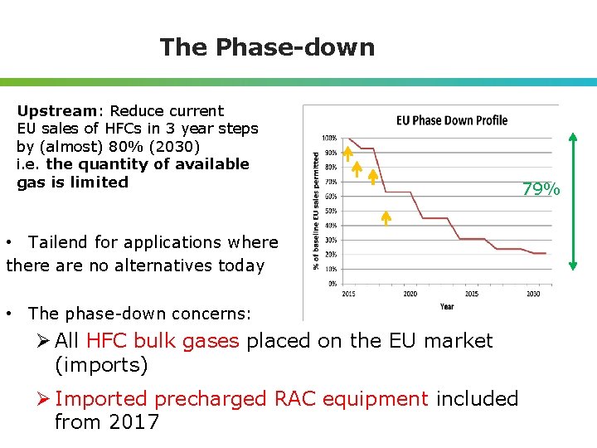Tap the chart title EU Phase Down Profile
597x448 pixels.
tap(452, 120)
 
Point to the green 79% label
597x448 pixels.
tap(541, 190)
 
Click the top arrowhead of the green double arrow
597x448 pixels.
tap(573, 138)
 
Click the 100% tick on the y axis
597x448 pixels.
tap(329, 138)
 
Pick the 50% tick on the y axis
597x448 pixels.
tap(329, 211)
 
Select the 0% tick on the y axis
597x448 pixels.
tap(331, 283)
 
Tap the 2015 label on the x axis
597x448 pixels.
tap(348, 294)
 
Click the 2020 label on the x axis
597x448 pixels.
tap(410, 294)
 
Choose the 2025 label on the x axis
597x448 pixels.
tap(472, 294)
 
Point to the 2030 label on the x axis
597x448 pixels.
tap(533, 294)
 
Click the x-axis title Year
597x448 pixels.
tap(446, 307)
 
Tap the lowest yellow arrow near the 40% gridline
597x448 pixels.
tap(386, 218)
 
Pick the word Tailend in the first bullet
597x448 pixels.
tap(58, 242)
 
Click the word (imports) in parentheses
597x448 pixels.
tap(101, 365)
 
